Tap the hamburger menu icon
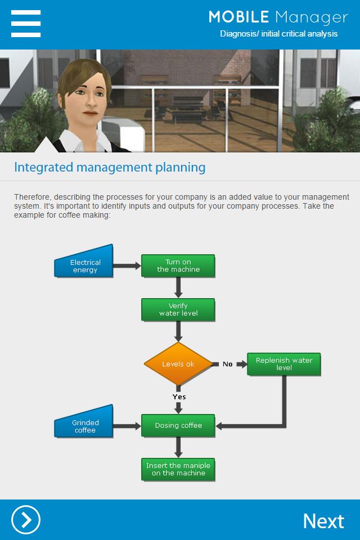26,24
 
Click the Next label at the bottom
323,521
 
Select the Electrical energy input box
84,262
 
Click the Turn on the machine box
178,265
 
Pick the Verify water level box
178,309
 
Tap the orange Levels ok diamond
178,364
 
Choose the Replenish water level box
284,364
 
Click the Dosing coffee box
178,425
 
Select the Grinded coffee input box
84,421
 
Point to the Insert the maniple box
178,469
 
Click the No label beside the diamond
227,364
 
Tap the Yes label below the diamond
179,397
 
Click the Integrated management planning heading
110,168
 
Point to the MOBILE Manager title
278,17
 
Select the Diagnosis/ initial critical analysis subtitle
278,34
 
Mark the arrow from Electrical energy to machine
127,265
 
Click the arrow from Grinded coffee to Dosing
127,426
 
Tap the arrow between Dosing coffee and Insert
178,447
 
